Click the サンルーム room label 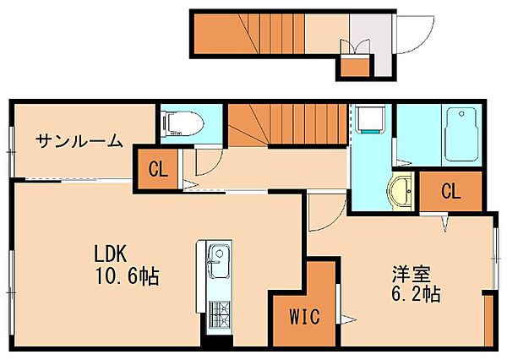(x=79, y=141)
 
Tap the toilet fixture (x=183, y=123)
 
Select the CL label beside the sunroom (x=159, y=169)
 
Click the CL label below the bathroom (x=450, y=192)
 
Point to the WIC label (x=304, y=316)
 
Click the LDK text (x=110, y=254)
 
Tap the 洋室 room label (x=411, y=275)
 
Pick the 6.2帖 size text (x=416, y=294)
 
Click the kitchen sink (x=219, y=260)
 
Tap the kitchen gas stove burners (x=219, y=314)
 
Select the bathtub (x=461, y=134)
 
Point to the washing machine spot (x=370, y=118)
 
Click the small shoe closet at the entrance (x=355, y=67)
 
